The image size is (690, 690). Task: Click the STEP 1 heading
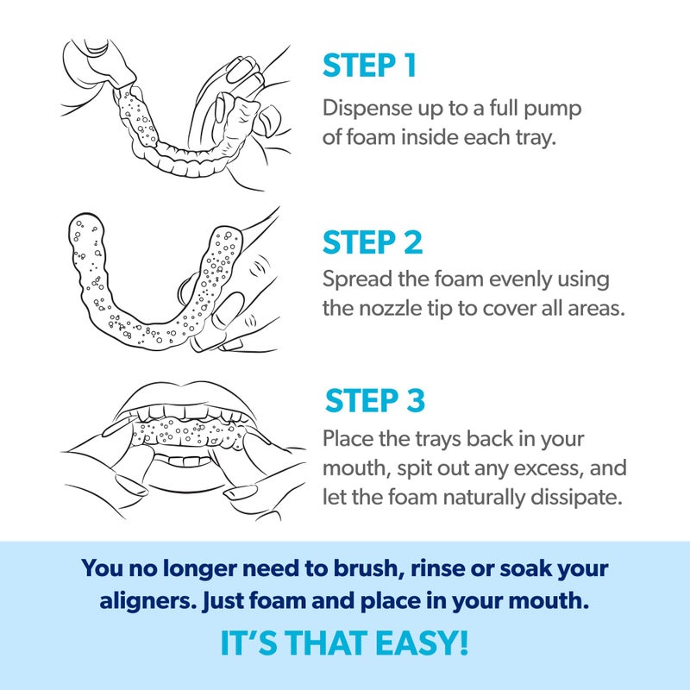coord(370,66)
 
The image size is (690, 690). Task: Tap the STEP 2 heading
coord(373,242)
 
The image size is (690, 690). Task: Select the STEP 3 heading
coord(374,402)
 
